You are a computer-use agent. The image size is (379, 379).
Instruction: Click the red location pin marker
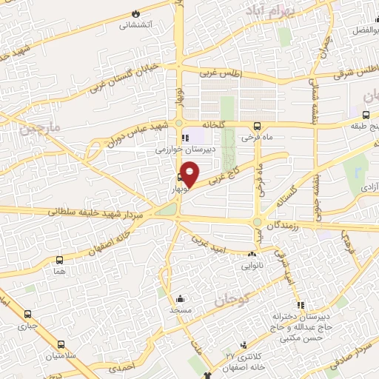(x=189, y=173)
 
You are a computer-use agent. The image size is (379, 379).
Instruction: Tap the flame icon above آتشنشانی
(x=135, y=14)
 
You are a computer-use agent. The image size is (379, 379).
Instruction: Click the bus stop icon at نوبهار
(x=180, y=177)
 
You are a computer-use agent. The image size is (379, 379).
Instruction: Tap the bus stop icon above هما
(x=59, y=260)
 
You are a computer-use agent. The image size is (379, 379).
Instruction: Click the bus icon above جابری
(x=28, y=314)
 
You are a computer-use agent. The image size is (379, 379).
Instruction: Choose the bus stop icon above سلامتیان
(x=61, y=343)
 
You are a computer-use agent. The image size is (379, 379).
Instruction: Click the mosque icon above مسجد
(x=180, y=300)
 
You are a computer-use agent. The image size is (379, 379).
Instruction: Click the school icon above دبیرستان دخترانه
(x=300, y=306)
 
